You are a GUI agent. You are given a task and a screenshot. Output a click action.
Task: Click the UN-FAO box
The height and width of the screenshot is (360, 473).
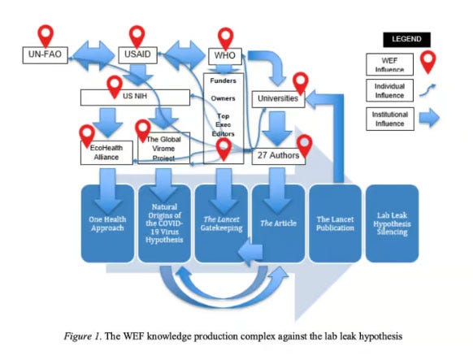point(46,55)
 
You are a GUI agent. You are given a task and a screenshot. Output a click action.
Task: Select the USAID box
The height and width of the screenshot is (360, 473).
point(137,55)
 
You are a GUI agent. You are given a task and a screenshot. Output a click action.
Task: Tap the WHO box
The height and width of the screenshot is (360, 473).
point(225,56)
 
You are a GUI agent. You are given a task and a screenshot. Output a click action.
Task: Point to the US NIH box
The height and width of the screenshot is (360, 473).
point(135,98)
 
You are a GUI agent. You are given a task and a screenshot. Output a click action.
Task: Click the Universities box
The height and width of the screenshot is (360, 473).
point(279,99)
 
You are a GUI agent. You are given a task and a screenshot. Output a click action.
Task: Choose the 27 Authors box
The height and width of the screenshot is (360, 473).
point(279,156)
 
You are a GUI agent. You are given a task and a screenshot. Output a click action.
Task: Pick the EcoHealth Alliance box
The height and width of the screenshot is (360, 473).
point(106,153)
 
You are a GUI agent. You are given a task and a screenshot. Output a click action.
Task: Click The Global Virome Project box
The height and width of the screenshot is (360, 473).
point(164,148)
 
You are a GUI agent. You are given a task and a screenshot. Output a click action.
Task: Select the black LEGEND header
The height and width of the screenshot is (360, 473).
point(406,40)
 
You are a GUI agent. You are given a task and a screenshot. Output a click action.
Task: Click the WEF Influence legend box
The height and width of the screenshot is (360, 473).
point(389,64)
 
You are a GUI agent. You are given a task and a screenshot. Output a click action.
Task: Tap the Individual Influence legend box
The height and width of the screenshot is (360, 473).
point(389,90)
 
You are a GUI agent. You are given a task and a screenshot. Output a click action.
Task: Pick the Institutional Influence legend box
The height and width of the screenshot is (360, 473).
point(390,119)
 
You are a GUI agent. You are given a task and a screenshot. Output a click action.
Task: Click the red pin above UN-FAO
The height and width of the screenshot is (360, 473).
point(46,36)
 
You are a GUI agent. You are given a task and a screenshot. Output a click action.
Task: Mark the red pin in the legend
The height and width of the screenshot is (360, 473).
point(428,62)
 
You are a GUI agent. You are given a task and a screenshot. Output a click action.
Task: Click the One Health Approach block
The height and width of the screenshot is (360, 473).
point(107,223)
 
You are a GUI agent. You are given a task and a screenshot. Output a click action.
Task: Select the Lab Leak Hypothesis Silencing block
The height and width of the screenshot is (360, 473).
point(393,223)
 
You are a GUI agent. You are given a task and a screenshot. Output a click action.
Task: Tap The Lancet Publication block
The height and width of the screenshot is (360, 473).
point(335,223)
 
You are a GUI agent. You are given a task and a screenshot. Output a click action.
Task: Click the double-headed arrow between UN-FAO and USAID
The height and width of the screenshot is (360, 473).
point(93,56)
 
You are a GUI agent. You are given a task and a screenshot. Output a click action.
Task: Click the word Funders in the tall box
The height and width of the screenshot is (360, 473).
point(223,80)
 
